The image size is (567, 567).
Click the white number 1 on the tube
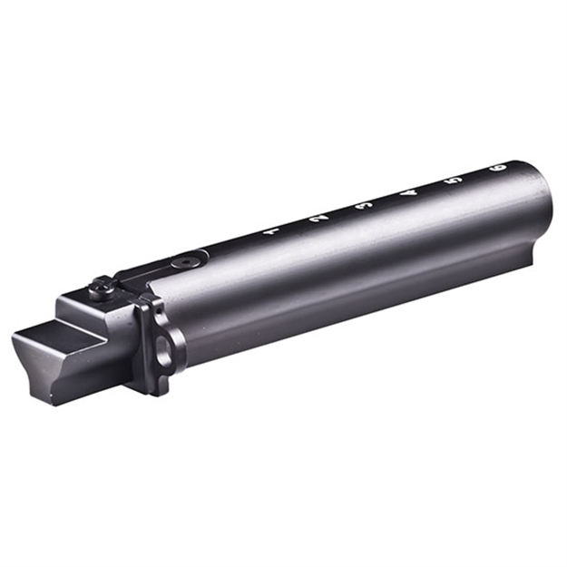pos(269,232)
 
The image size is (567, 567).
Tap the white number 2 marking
pos(317,219)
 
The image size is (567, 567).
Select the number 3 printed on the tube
pos(365,206)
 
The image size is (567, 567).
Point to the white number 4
pos(409,192)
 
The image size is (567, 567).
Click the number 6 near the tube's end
pos(497,168)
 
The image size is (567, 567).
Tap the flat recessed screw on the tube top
pos(187,260)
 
